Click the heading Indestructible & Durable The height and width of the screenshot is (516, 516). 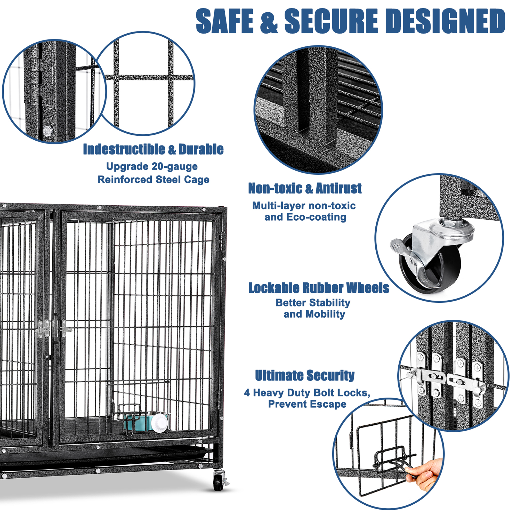[153, 149]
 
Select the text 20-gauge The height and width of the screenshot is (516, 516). [175, 166]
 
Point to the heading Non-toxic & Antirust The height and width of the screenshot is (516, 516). [305, 188]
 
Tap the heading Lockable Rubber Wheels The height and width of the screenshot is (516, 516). [319, 288]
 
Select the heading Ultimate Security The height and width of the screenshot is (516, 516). [305, 375]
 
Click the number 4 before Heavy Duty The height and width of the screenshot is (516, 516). [247, 393]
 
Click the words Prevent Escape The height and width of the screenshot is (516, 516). [307, 404]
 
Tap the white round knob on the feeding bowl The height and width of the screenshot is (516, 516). [159, 422]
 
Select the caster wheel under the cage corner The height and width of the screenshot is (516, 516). [219, 481]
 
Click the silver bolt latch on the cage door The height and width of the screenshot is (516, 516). [43, 329]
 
